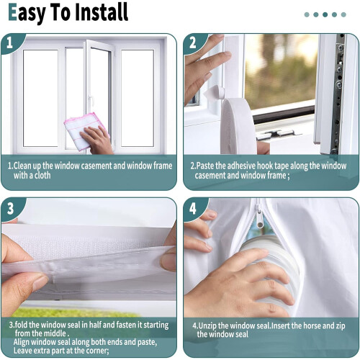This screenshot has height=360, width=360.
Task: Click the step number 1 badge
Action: click(10, 42)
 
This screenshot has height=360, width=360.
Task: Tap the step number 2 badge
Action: click(193, 42)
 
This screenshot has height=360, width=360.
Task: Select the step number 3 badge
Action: click(10, 208)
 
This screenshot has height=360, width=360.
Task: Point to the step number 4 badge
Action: click(193, 208)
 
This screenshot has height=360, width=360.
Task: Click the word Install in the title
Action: click(102, 12)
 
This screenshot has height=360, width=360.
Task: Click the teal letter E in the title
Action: click(12, 12)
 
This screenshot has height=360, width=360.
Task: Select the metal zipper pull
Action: click(260, 217)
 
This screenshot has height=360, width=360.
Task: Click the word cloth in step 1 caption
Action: click(42, 176)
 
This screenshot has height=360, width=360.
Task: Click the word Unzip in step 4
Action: click(207, 326)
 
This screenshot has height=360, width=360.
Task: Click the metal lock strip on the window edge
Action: click(338, 94)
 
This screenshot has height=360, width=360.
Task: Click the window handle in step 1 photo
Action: click(91, 101)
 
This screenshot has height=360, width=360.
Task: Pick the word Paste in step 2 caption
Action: click(204, 166)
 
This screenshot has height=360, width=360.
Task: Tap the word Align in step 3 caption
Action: click(22, 342)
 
